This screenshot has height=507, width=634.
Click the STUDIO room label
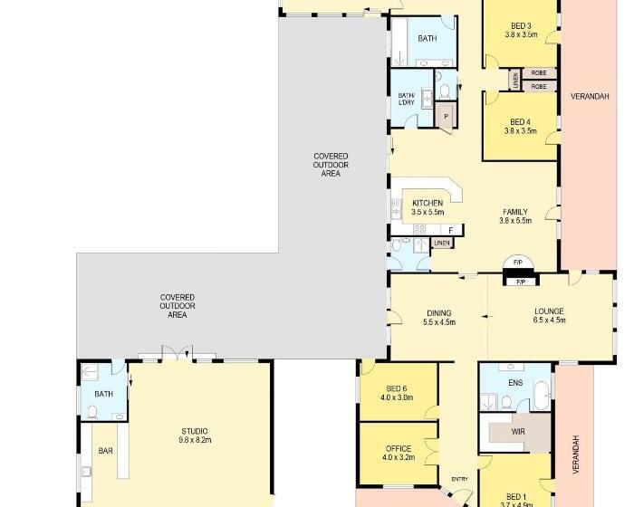pyautogui.click(x=195, y=431)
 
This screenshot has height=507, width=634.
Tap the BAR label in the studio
pyautogui.click(x=106, y=451)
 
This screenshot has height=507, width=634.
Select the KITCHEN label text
pyautogui.click(x=427, y=203)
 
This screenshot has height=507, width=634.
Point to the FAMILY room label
pyautogui.click(x=515, y=212)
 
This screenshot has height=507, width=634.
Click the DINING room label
pyautogui.click(x=439, y=313)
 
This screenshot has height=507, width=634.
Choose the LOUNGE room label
pyautogui.click(x=549, y=311)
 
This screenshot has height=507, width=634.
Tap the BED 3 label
pyautogui.click(x=521, y=26)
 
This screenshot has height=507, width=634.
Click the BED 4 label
pyautogui.click(x=521, y=122)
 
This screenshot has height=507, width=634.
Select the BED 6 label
pyautogui.click(x=397, y=388)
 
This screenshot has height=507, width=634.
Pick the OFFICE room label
pyautogui.click(x=399, y=449)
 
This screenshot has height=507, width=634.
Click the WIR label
pyautogui.click(x=518, y=432)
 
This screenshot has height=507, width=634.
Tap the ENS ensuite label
pyautogui.click(x=515, y=382)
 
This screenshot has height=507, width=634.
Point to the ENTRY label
pyautogui.click(x=460, y=479)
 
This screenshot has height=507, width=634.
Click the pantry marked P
pyautogui.click(x=446, y=117)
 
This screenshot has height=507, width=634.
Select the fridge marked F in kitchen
pyautogui.click(x=451, y=231)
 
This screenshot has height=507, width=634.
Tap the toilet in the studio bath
pyautogui.click(x=92, y=412)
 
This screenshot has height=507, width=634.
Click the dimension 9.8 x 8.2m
pyautogui.click(x=195, y=440)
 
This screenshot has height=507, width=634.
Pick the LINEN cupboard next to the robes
pyautogui.click(x=515, y=80)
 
